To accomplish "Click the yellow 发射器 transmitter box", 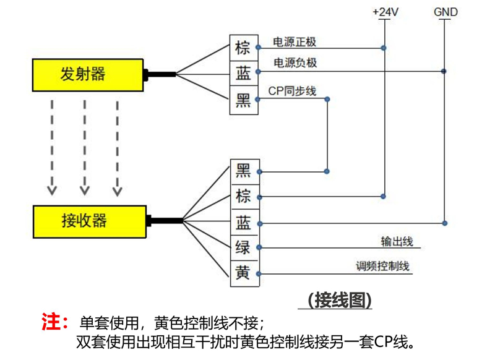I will coord(87,74).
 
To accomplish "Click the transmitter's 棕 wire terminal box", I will coord(243,48).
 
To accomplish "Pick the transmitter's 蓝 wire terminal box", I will coord(243,74).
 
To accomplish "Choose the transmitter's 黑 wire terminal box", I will coord(243,100).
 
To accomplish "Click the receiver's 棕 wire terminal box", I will coord(243,197).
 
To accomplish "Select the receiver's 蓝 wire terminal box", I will coord(243,222).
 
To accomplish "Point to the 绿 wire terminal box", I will coord(243,247).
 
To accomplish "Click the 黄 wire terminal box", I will coord(243,273).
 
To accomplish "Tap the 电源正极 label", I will coord(295,42).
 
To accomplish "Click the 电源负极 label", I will coord(295,63).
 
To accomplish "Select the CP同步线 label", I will coord(292,91).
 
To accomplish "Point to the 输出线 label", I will coord(397,241).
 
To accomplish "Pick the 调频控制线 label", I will coord(383,267).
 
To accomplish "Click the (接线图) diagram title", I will coord(340,300).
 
